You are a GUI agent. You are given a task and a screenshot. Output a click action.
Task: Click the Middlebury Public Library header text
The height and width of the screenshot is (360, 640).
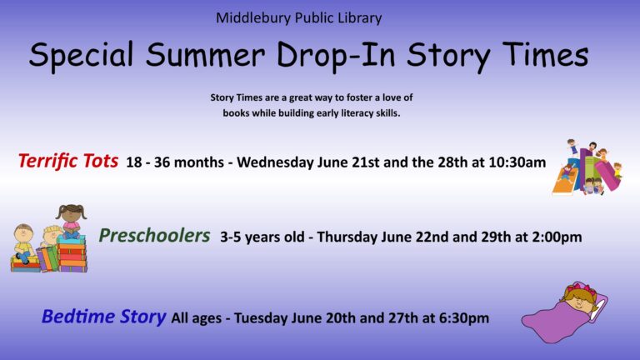coord(299,18)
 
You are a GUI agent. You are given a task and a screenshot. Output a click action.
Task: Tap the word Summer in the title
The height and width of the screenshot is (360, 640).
coord(205,54)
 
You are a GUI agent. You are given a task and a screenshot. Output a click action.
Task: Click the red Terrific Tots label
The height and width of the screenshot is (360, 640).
coord(68,161)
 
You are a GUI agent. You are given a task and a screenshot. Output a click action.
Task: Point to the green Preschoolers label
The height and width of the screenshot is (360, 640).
coord(154,236)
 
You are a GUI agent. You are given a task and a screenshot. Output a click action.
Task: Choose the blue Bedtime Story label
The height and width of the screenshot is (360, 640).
coord(103,317)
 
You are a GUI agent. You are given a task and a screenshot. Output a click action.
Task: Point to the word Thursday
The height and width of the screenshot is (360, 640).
coord(347,237)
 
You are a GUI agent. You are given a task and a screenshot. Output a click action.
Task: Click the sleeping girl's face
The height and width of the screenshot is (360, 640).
coord(580,302)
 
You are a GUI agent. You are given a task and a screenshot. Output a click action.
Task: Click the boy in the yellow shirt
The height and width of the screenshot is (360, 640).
coord(23,243)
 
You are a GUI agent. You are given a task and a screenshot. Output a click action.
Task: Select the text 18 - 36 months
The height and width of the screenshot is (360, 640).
coord(175,162)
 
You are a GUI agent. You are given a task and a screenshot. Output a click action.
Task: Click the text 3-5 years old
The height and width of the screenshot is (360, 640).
coord(262,237)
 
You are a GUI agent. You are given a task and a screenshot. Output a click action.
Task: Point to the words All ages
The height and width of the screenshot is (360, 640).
coord(197,318)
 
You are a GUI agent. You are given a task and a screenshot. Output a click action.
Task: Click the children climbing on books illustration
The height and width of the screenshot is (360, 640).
coord(587,167)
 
